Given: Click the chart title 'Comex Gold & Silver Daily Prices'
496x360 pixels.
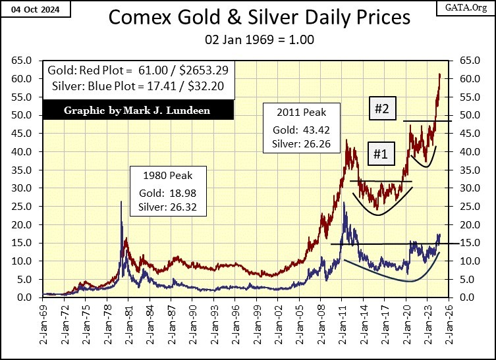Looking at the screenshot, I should (x=247, y=17).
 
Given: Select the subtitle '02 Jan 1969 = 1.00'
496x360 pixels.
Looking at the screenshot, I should (x=247, y=39).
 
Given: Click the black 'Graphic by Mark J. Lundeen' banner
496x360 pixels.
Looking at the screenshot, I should (x=137, y=110).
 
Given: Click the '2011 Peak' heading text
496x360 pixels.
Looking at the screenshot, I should (x=301, y=111).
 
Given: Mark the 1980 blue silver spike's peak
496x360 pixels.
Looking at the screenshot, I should (x=121, y=201).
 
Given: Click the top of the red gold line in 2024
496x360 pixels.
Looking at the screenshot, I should (x=439, y=74).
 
